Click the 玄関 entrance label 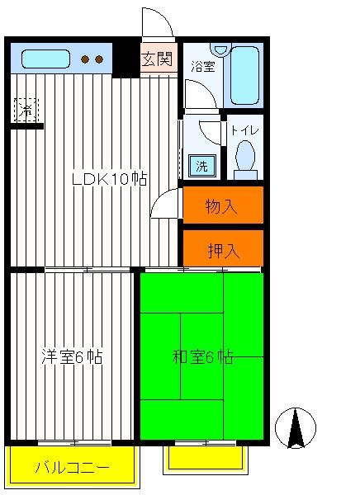point(157,59)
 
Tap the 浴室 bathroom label point(203,66)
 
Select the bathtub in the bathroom point(244,75)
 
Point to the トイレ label point(245,130)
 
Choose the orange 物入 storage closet point(223,205)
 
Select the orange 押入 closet point(223,248)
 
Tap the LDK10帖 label point(109,179)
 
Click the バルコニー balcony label point(72,468)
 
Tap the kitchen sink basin point(46,59)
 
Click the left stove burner point(85,59)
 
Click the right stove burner point(99,59)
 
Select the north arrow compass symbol point(296,427)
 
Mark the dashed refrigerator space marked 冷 point(26,111)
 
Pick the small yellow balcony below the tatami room point(206,460)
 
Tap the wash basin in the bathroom point(221,49)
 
